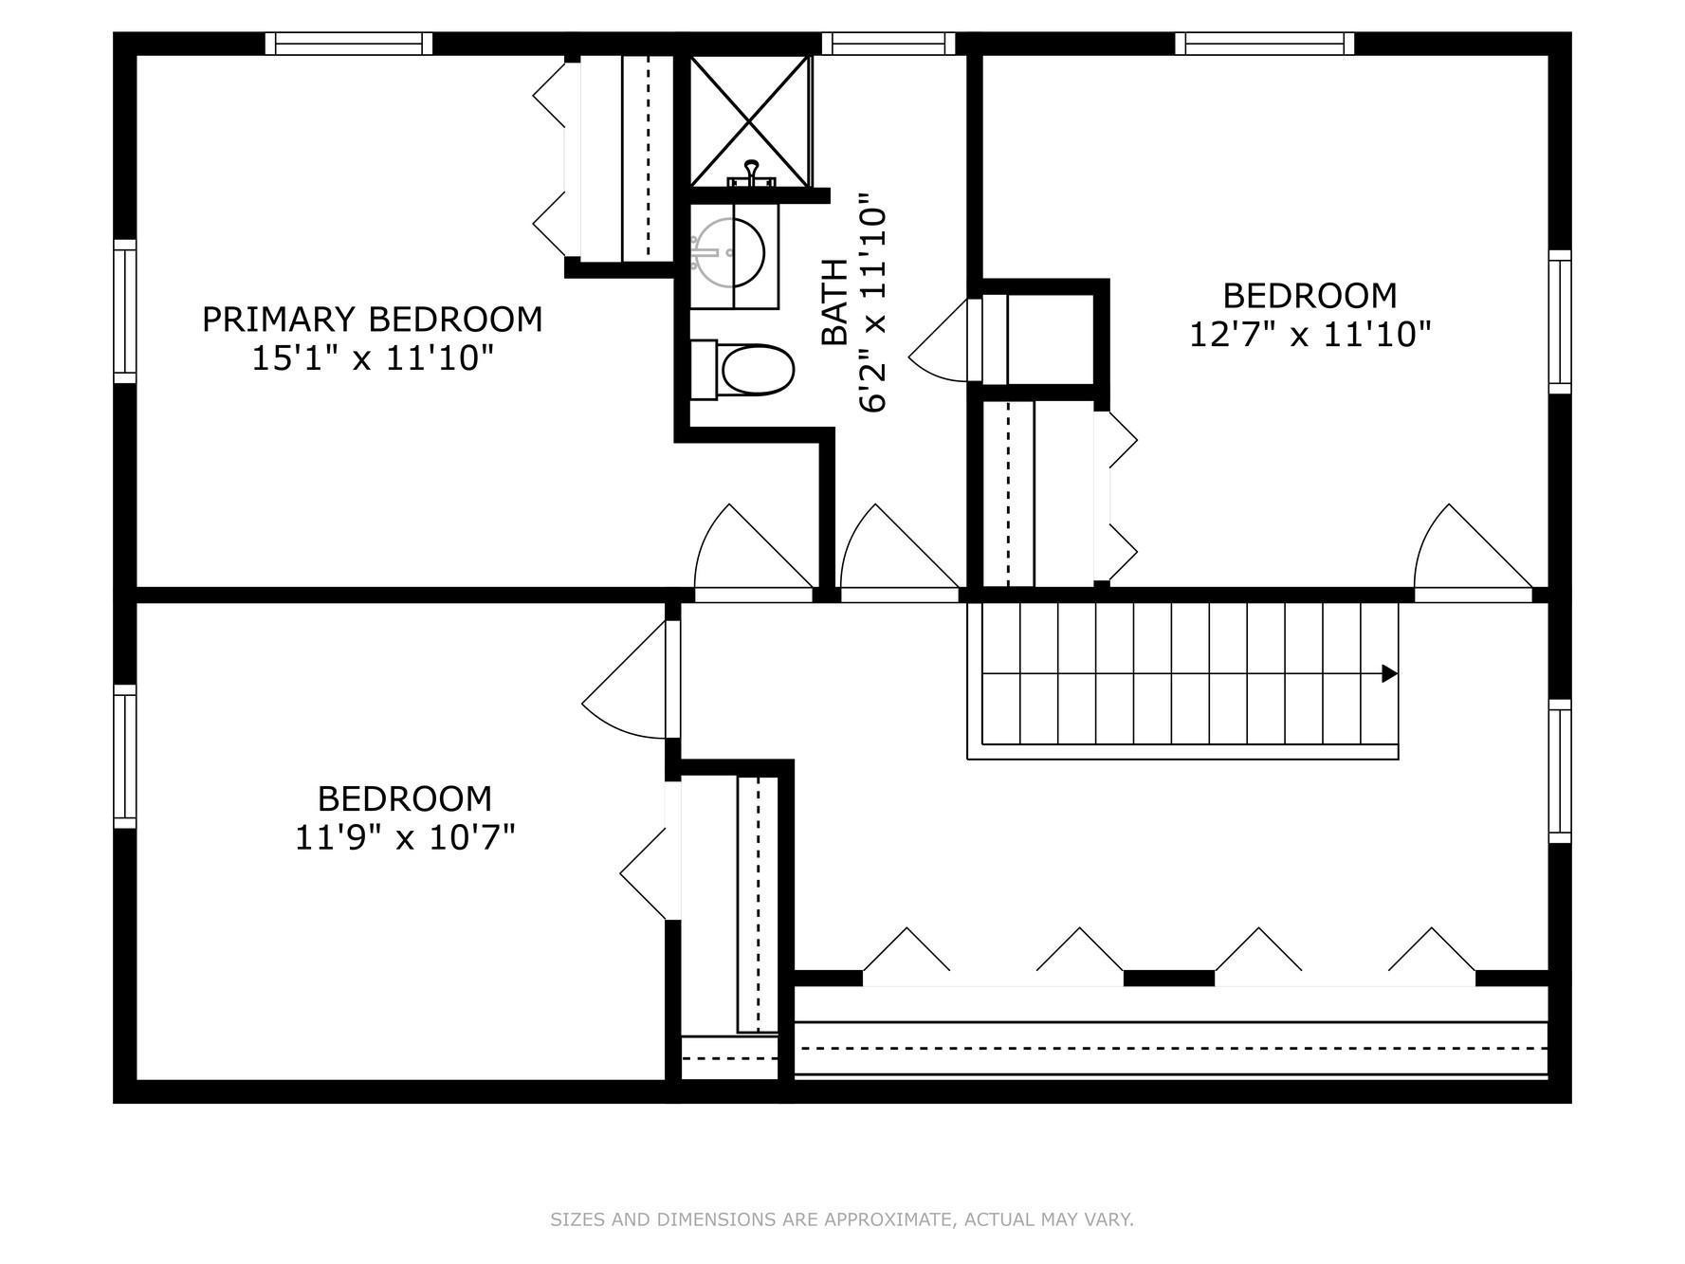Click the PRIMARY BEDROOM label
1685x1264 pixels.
click(372, 319)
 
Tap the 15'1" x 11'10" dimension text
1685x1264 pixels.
click(373, 358)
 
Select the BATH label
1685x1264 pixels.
click(833, 302)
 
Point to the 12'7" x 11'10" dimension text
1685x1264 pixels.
click(1310, 335)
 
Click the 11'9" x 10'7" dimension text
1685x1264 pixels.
click(405, 838)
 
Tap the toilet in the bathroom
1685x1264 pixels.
click(742, 371)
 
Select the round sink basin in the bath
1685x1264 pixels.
click(731, 252)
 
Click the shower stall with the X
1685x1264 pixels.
click(750, 120)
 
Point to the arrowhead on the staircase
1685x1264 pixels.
click(1389, 674)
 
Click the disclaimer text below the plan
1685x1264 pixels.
click(842, 1219)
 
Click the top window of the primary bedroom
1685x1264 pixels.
click(348, 44)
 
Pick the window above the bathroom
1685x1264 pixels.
click(888, 44)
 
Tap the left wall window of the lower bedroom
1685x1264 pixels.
click(124, 756)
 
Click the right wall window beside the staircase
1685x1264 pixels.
click(1560, 771)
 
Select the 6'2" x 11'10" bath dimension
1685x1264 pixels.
click(873, 302)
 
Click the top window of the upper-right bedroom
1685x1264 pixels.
click(1265, 44)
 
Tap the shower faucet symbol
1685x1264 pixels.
click(751, 174)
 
